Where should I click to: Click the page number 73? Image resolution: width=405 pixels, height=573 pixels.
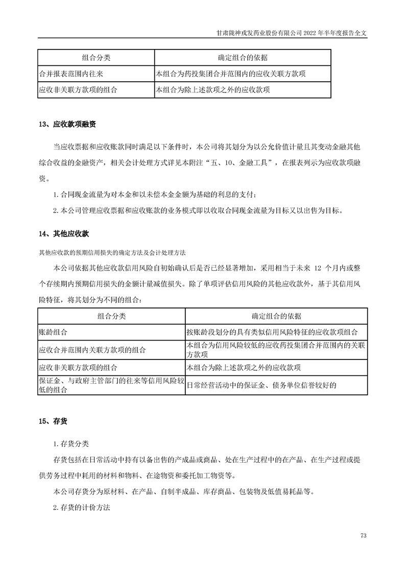(x=364, y=536)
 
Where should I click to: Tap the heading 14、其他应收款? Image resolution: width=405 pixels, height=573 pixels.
(x=64, y=234)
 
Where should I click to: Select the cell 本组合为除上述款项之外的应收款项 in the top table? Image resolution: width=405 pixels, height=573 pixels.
(x=212, y=90)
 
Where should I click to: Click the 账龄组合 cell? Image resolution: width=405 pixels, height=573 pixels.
(x=53, y=331)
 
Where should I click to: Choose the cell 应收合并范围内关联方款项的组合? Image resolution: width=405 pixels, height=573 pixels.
(x=92, y=350)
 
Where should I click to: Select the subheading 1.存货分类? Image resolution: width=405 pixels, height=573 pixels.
(x=70, y=443)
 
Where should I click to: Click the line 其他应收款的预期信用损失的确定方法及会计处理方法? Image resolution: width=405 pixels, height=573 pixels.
(x=112, y=253)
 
